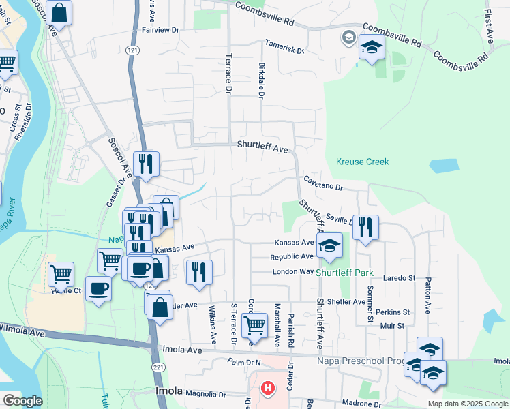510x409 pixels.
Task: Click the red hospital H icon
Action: click(268, 389)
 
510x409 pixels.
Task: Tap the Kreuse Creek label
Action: click(362, 162)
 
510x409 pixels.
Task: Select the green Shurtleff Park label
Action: click(344, 273)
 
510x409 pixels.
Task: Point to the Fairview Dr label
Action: click(160, 30)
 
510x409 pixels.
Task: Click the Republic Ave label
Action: click(292, 257)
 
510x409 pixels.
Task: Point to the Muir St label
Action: click(393, 326)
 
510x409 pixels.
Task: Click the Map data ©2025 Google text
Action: click(468, 404)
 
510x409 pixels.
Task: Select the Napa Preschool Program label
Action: click(361, 361)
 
